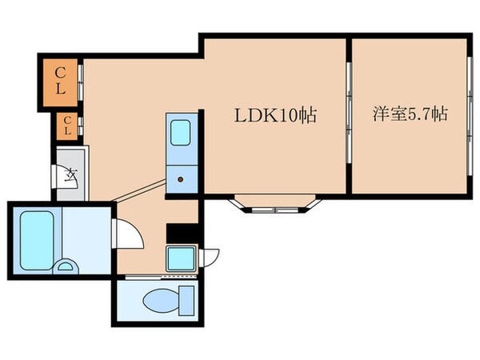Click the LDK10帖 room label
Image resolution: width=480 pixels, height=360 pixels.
tap(275, 115)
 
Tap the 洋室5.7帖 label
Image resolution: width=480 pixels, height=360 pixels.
tap(408, 114)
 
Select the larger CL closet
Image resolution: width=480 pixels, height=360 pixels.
tap(61, 80)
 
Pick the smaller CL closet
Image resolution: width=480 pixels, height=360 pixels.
tap(67, 126)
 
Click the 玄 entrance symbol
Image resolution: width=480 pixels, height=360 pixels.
tap(70, 173)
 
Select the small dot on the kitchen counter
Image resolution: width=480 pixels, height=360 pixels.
tap(180, 179)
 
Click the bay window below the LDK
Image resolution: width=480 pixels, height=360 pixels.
tap(275, 207)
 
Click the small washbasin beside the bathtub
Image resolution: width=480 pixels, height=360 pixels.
tap(66, 267)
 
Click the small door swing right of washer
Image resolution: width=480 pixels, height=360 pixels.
tap(210, 257)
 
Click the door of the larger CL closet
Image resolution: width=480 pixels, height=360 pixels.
tap(81, 80)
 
